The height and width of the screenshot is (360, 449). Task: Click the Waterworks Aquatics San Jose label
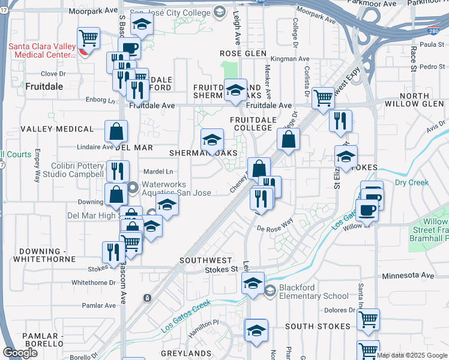point(171,188)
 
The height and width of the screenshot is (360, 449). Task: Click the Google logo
point(20,352)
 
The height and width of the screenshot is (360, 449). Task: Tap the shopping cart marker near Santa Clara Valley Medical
point(89,39)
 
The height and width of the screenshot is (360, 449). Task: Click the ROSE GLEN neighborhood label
point(243,53)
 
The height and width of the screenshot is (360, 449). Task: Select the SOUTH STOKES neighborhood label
point(318,326)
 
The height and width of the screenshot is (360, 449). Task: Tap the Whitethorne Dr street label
point(93,282)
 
